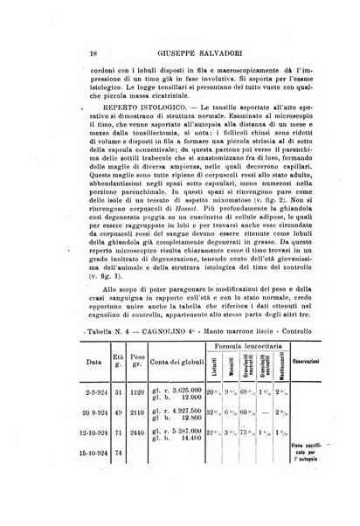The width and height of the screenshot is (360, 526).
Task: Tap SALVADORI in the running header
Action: pos(218,52)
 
